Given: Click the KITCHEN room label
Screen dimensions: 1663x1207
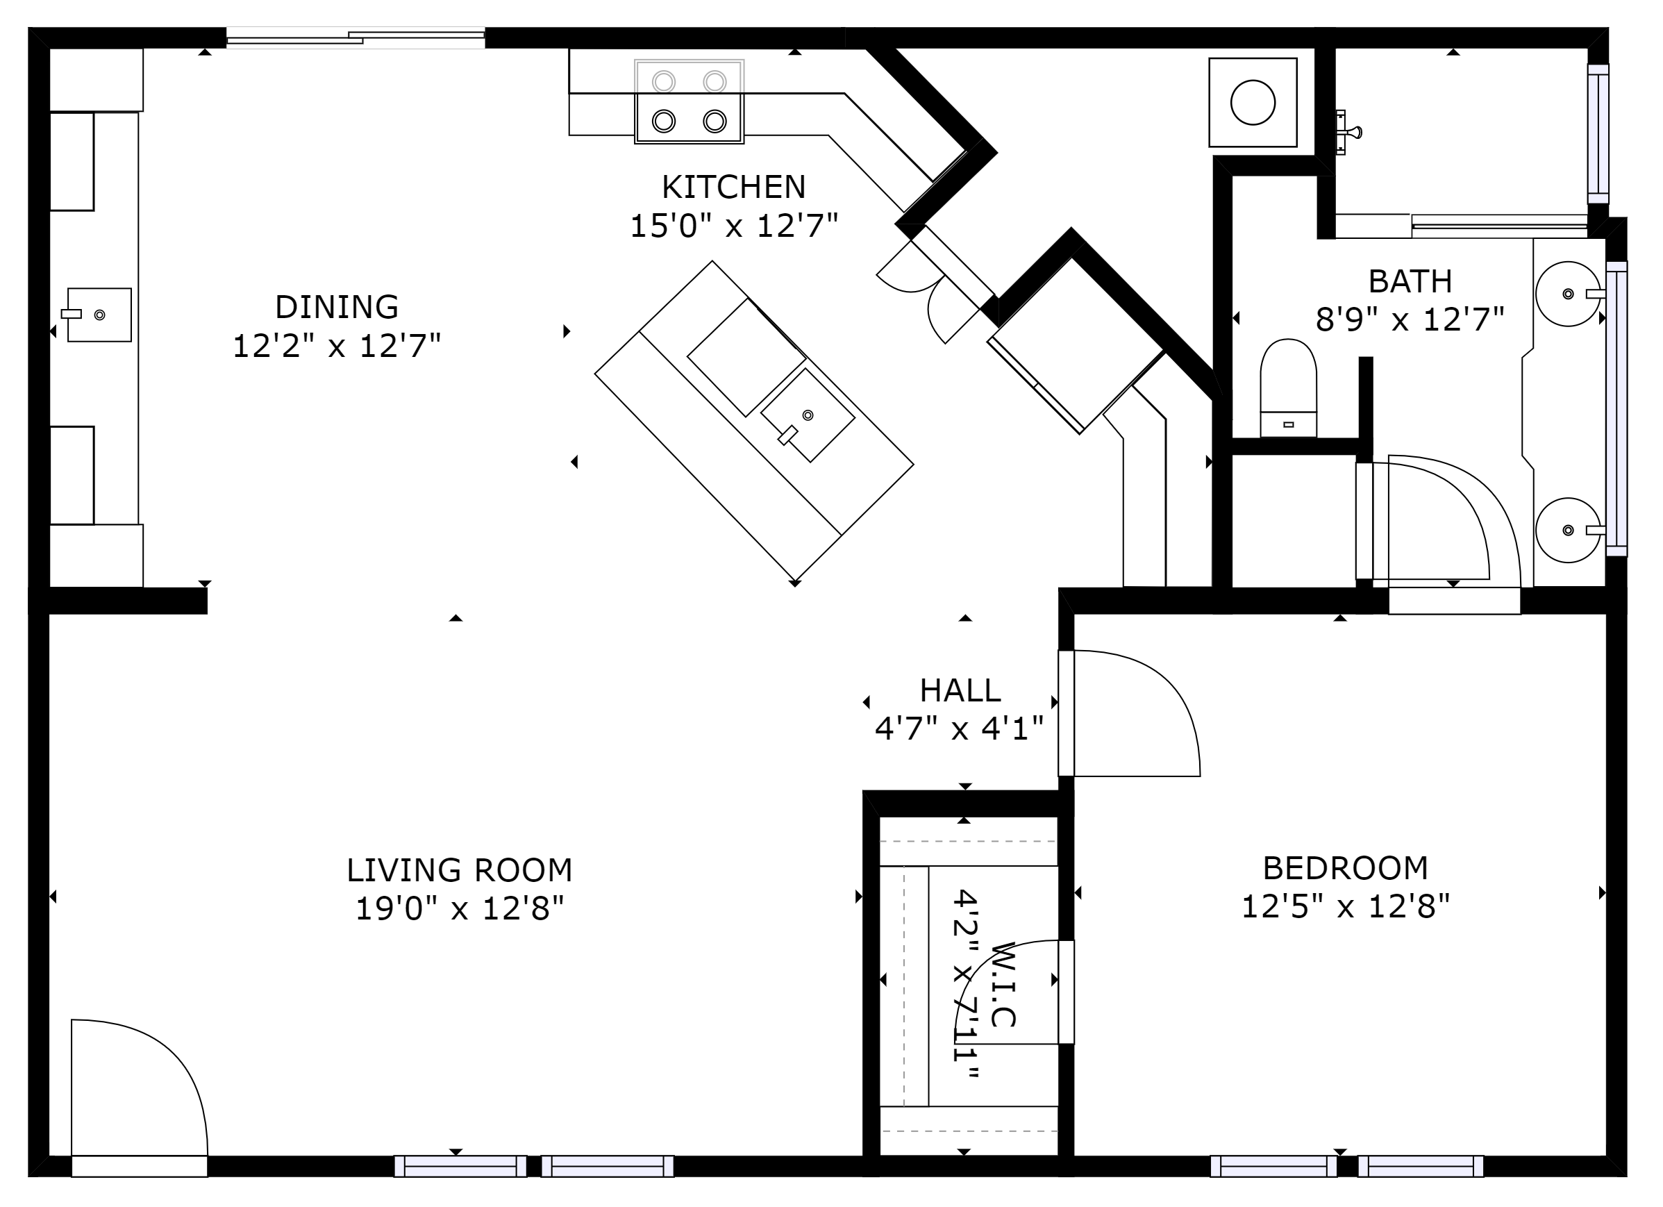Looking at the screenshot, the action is (733, 187).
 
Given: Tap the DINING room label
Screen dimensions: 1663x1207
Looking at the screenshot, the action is (337, 306).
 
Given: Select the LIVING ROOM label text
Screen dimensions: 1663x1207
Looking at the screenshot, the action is (459, 870).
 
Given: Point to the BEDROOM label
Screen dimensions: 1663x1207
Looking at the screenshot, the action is (1346, 868).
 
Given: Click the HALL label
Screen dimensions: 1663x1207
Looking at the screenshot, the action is (960, 690).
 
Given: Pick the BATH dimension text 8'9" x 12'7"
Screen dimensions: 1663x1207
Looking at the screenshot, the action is (1410, 319).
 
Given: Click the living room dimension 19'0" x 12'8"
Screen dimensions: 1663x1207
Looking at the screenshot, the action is (460, 908).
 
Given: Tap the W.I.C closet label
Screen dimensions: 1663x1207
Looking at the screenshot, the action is (1003, 984).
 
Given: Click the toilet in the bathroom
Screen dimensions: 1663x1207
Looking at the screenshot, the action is (1288, 388).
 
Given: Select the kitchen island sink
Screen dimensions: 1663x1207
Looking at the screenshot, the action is (808, 415).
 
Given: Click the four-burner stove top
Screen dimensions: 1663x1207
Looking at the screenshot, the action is (690, 101).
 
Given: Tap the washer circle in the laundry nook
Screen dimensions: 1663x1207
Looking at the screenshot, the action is (1253, 103).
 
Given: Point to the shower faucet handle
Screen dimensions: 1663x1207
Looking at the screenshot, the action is (1348, 133).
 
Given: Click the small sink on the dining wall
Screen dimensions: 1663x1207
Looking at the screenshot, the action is (99, 315).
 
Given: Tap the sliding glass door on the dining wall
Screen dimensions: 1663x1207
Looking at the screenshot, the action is (356, 38).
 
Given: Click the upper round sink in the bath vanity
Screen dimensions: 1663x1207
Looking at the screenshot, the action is (1569, 294).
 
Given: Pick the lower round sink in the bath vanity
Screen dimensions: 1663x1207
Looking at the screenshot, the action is (1569, 530).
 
